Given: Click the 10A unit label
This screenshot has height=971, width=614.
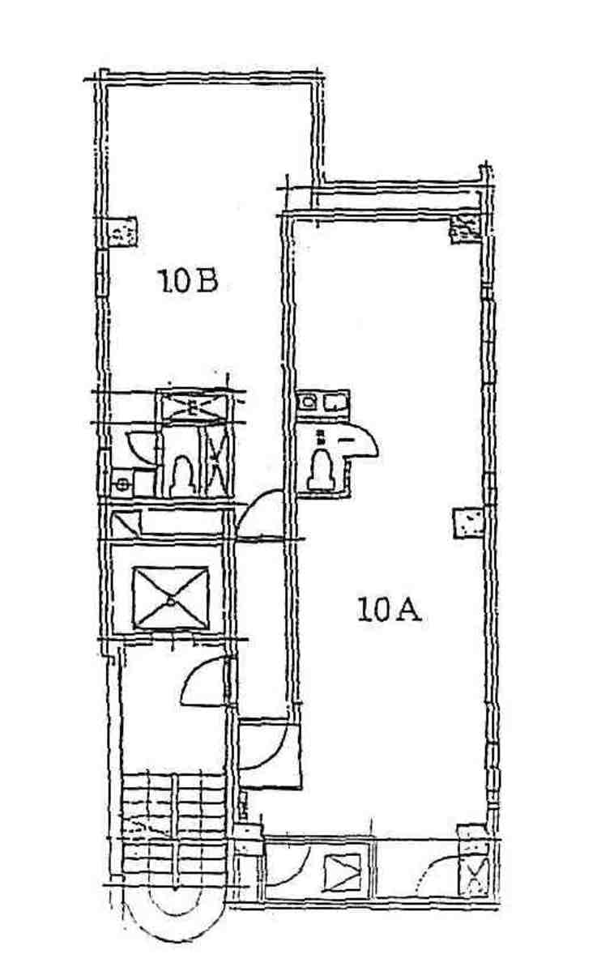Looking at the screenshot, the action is [389, 610].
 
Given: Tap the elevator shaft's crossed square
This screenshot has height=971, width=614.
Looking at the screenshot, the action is [170, 598].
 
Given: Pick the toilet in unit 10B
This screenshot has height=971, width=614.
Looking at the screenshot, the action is [181, 477].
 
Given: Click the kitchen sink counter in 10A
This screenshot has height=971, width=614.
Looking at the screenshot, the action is [323, 402].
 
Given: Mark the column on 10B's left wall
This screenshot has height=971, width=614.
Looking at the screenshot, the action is [122, 232].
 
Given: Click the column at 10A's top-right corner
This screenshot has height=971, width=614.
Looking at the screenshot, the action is [465, 228].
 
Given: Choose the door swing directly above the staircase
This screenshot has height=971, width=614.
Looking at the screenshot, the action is [205, 680].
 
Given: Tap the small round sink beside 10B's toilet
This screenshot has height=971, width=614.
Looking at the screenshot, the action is [122, 483].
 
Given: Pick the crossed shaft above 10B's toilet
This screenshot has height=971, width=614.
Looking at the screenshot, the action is [193, 407].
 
